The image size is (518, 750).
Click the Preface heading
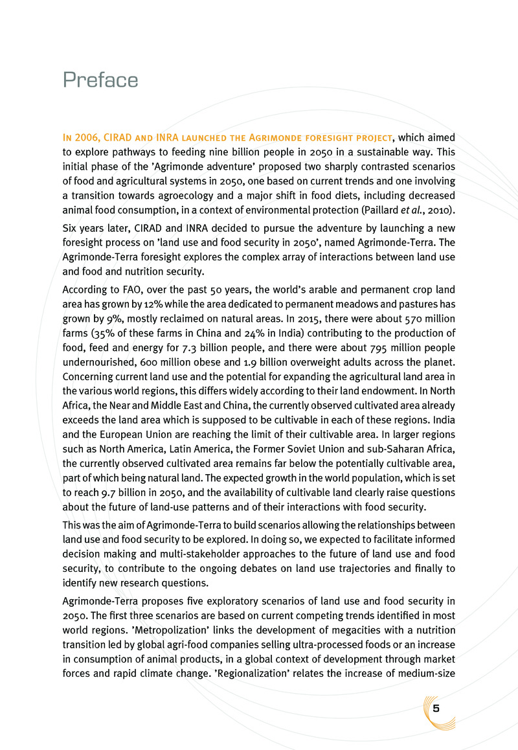tap(100, 80)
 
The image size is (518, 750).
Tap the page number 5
tap(436, 708)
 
